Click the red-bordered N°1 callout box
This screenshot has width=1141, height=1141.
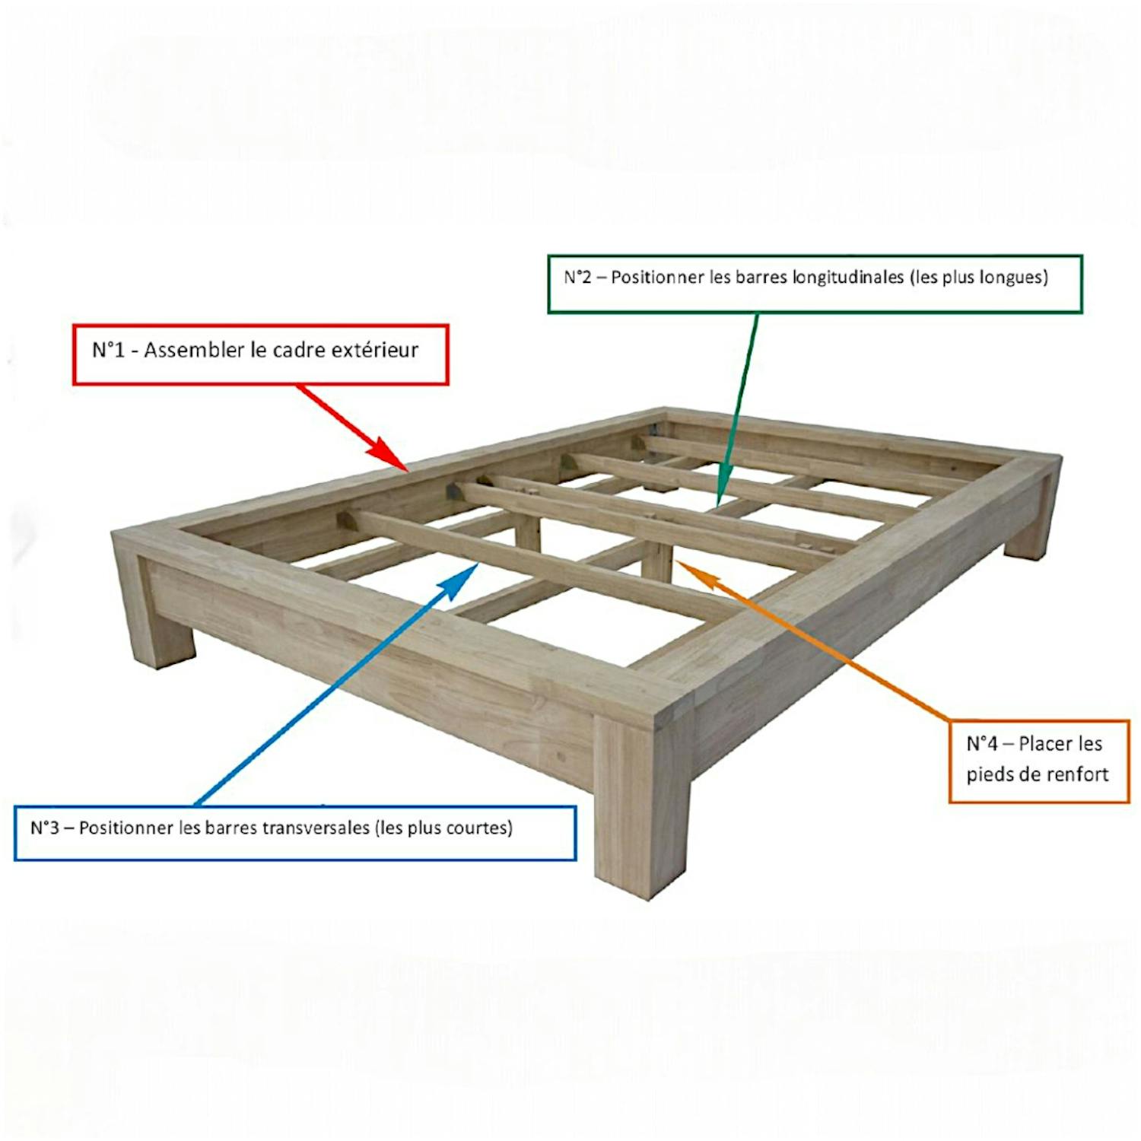click(x=260, y=354)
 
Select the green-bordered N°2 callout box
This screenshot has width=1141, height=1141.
click(x=815, y=284)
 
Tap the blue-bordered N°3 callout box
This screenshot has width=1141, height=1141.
click(x=295, y=833)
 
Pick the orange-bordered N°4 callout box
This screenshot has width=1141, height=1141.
click(x=1038, y=761)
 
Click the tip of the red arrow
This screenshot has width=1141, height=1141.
click(x=408, y=471)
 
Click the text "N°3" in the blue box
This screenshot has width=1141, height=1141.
click(x=45, y=828)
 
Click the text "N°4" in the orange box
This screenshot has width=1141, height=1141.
click(x=982, y=743)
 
